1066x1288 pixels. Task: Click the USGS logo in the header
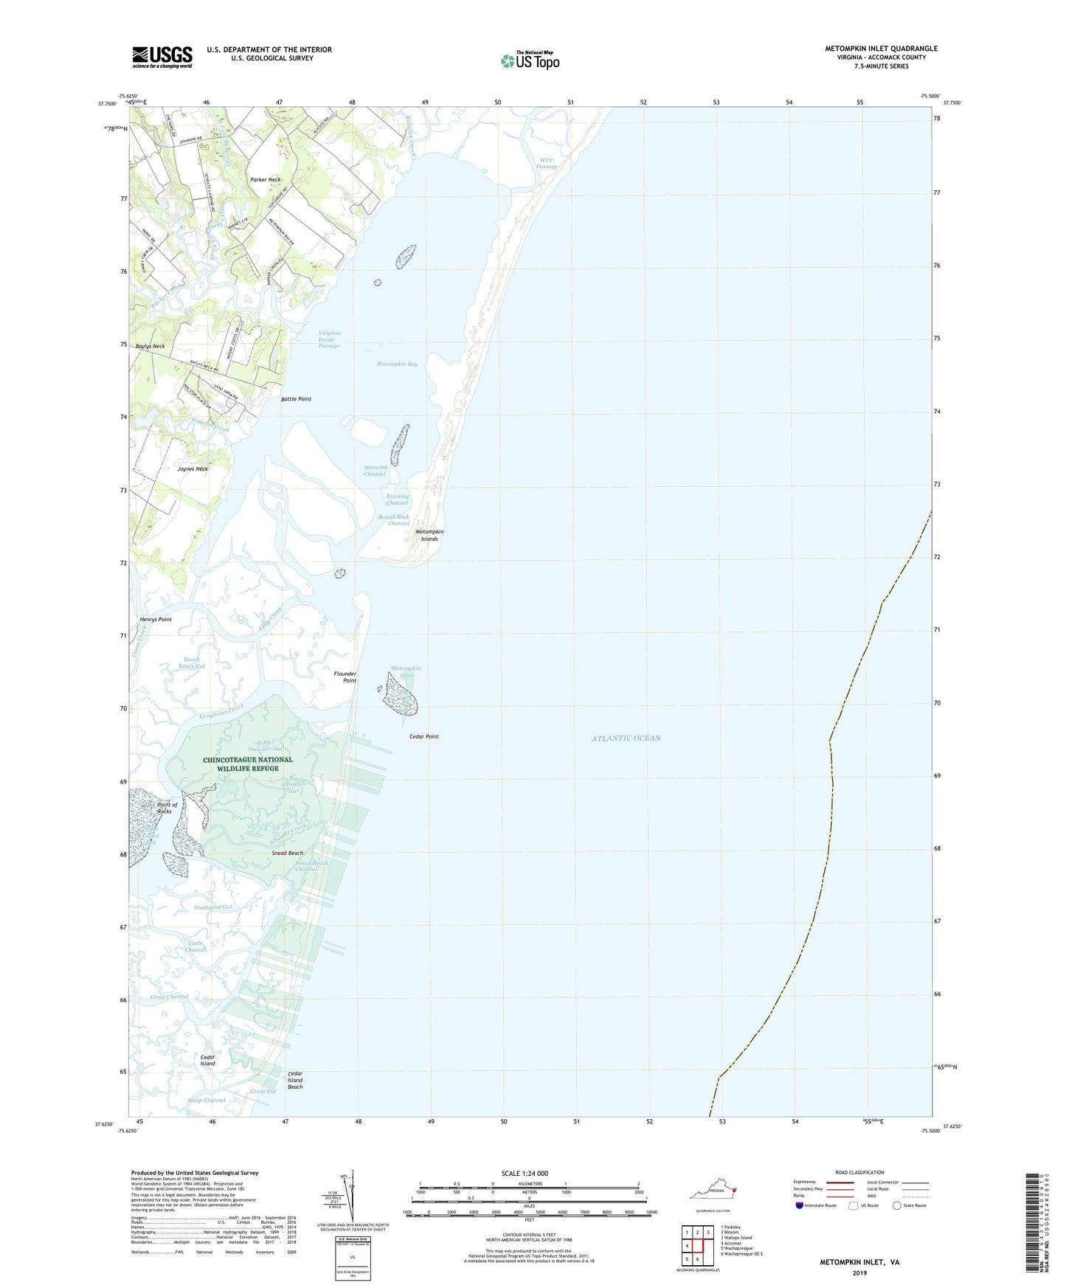pos(162,57)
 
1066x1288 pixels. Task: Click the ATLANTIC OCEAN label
pos(626,738)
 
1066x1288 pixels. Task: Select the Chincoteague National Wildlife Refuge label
pos(248,764)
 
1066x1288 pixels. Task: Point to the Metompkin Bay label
pos(397,364)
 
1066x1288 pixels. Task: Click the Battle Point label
pos(296,399)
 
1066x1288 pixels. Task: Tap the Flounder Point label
pos(345,676)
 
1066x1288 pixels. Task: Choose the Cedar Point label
pos(424,736)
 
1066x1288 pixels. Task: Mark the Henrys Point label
pos(156,619)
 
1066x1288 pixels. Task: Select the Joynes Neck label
pos(193,468)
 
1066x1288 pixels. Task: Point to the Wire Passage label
pos(547,163)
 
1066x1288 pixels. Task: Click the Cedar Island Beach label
pos(295,1080)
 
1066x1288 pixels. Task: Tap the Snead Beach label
pos(288,853)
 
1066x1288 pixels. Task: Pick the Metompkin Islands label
pos(429,535)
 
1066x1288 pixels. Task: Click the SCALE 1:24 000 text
pos(524,1173)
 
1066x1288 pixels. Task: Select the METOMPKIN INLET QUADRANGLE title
pos(881,49)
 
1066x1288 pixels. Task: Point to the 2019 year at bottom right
pos(859,1273)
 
